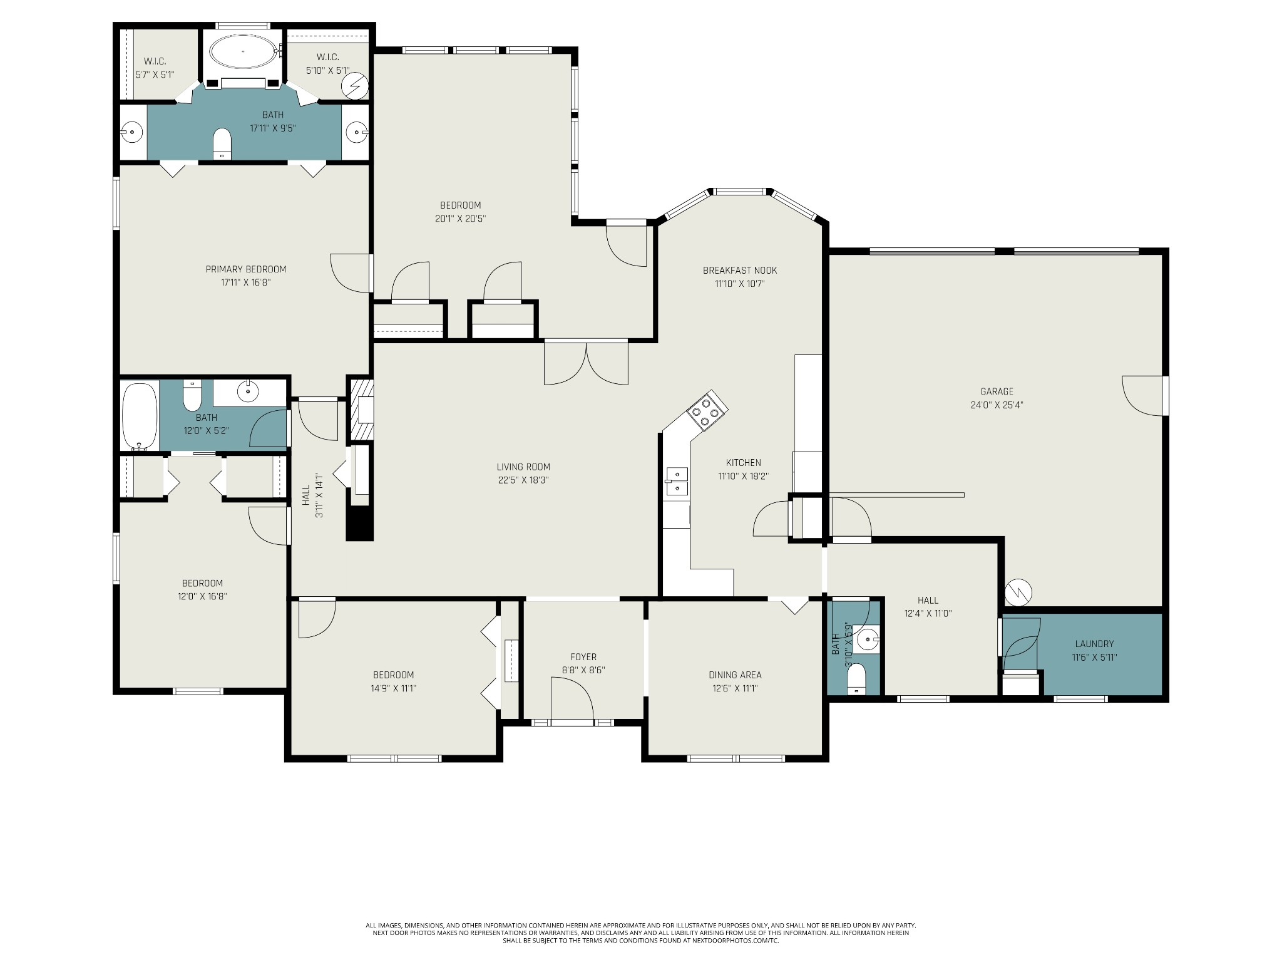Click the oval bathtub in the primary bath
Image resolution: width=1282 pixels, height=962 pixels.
pos(242,51)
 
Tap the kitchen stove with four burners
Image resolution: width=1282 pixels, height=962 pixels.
pos(707,411)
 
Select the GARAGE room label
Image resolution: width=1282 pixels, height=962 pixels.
pos(997,391)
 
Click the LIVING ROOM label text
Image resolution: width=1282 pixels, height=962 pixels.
pos(523,467)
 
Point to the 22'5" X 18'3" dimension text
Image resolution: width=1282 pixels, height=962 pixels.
pos(523,480)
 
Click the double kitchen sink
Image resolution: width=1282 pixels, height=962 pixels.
pos(676,482)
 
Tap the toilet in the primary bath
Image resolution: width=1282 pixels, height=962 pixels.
pos(222,143)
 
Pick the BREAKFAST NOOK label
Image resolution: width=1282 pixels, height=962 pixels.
pos(740,271)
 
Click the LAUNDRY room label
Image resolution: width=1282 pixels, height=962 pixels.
pos(1094,644)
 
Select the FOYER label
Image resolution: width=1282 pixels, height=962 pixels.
pos(583,657)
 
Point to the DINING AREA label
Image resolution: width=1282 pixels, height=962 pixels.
pos(735,675)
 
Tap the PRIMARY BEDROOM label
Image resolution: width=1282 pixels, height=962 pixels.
pos(246,269)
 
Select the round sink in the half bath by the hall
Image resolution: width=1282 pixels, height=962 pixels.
pos(868,640)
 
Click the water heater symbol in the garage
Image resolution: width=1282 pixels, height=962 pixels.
pos(1018,592)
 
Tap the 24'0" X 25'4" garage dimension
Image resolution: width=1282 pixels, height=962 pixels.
pos(997,405)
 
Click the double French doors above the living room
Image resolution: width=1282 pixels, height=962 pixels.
pos(586,363)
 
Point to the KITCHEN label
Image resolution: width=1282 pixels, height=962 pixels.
pos(744,463)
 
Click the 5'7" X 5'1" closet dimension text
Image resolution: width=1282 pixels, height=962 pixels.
pos(155,75)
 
